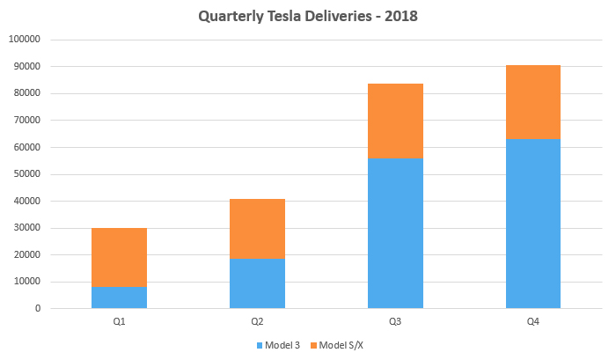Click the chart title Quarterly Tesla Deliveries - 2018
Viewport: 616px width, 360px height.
point(307,16)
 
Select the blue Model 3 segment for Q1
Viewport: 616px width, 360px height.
point(119,298)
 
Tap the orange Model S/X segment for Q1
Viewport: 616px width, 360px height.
point(119,257)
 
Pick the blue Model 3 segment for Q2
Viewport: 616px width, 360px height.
point(257,283)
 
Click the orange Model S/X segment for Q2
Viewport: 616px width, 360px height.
point(257,229)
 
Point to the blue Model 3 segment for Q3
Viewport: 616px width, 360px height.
point(395,233)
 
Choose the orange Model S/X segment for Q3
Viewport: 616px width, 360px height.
point(395,121)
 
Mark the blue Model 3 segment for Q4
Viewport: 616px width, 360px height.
point(533,224)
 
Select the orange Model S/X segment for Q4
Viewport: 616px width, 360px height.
point(533,102)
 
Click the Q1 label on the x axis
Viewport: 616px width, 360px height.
point(119,322)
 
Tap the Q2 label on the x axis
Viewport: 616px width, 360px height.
point(257,322)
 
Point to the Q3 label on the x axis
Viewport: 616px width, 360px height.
point(395,322)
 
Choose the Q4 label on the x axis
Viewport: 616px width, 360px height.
point(533,322)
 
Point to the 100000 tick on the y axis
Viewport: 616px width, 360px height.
point(25,40)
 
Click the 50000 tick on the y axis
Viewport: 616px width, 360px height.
point(26,174)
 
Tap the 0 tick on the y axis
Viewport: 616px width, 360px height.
point(39,309)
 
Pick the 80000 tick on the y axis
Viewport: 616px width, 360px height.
point(26,93)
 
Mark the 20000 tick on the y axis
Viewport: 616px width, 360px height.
point(26,255)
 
